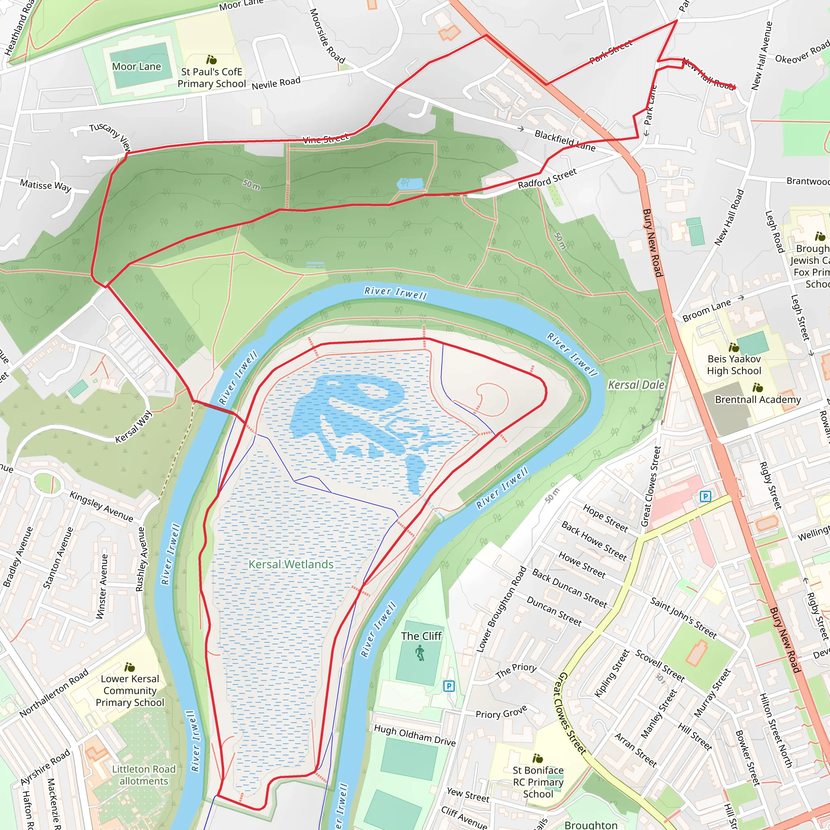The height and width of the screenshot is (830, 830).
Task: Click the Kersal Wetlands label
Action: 291,564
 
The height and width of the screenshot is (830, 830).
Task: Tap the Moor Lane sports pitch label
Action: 136,66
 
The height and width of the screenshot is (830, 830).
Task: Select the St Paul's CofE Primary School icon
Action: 212,60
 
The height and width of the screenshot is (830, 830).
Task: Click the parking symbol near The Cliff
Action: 449,686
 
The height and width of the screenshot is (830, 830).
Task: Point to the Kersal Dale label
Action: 636,385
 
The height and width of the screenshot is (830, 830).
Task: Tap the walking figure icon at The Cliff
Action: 420,653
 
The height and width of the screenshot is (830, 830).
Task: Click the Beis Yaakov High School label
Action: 734,365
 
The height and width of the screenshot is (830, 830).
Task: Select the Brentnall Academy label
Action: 758,400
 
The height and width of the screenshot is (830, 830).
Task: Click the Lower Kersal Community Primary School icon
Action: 129,667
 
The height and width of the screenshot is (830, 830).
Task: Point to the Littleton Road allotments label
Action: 144,775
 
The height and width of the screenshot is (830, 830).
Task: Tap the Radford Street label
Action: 547,179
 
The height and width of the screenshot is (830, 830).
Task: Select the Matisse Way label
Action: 45,186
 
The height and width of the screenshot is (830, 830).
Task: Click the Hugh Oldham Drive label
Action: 415,735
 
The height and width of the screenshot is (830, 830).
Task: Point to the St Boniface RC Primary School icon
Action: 537,758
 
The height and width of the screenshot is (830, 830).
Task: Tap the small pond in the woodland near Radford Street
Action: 410,184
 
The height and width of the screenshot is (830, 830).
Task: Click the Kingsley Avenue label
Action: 101,507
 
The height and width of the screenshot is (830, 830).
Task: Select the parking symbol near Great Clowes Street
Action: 705,496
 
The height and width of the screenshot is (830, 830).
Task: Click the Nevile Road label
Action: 276,83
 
